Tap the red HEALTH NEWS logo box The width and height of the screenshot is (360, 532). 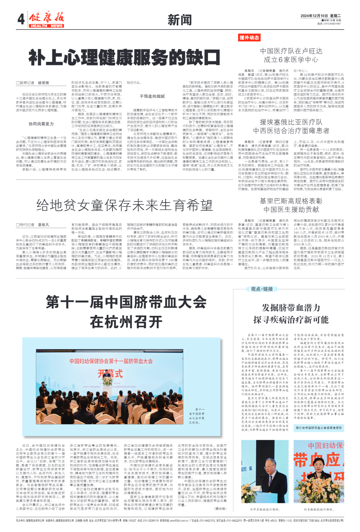46,26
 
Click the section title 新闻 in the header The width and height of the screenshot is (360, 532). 180,20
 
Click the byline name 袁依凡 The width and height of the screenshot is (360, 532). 44,225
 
